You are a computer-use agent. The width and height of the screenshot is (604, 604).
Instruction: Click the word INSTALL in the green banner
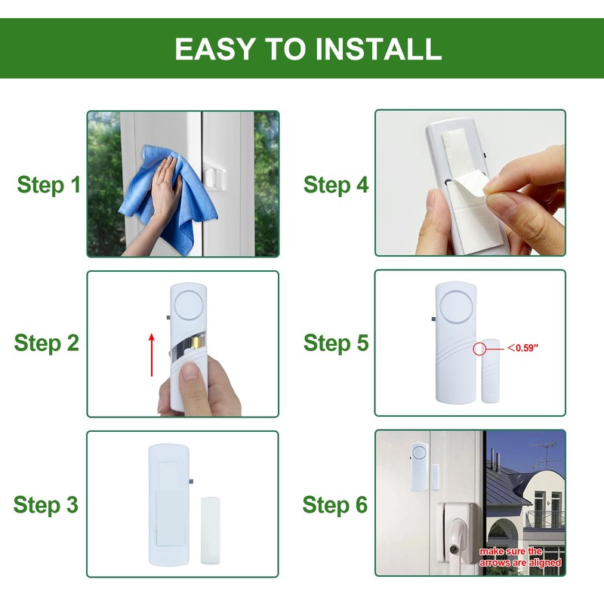tap(378, 48)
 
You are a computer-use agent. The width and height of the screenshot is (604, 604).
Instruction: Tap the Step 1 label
tap(49, 185)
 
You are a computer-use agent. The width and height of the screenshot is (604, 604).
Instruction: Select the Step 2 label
tap(47, 343)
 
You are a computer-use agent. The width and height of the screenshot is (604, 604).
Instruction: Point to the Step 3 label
tap(46, 504)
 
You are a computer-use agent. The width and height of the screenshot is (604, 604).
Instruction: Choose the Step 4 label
tap(336, 185)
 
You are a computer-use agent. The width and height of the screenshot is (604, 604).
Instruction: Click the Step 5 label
tap(336, 343)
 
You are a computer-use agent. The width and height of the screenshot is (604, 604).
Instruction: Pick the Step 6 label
tap(335, 504)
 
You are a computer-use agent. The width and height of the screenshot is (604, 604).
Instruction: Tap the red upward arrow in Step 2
tap(152, 354)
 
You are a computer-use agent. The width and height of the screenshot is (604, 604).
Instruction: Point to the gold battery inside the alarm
tap(197, 342)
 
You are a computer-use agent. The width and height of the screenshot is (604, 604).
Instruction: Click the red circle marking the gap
tap(479, 349)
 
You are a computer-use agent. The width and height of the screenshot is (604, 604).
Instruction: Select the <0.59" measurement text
tap(522, 348)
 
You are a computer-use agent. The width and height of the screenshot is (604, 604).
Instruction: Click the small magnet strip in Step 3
tap(211, 531)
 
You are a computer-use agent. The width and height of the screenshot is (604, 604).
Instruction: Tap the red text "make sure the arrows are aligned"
tap(520, 557)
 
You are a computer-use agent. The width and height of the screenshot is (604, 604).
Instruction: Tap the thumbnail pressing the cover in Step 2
tap(190, 371)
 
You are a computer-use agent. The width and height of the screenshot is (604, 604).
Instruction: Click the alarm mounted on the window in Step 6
tap(420, 467)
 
